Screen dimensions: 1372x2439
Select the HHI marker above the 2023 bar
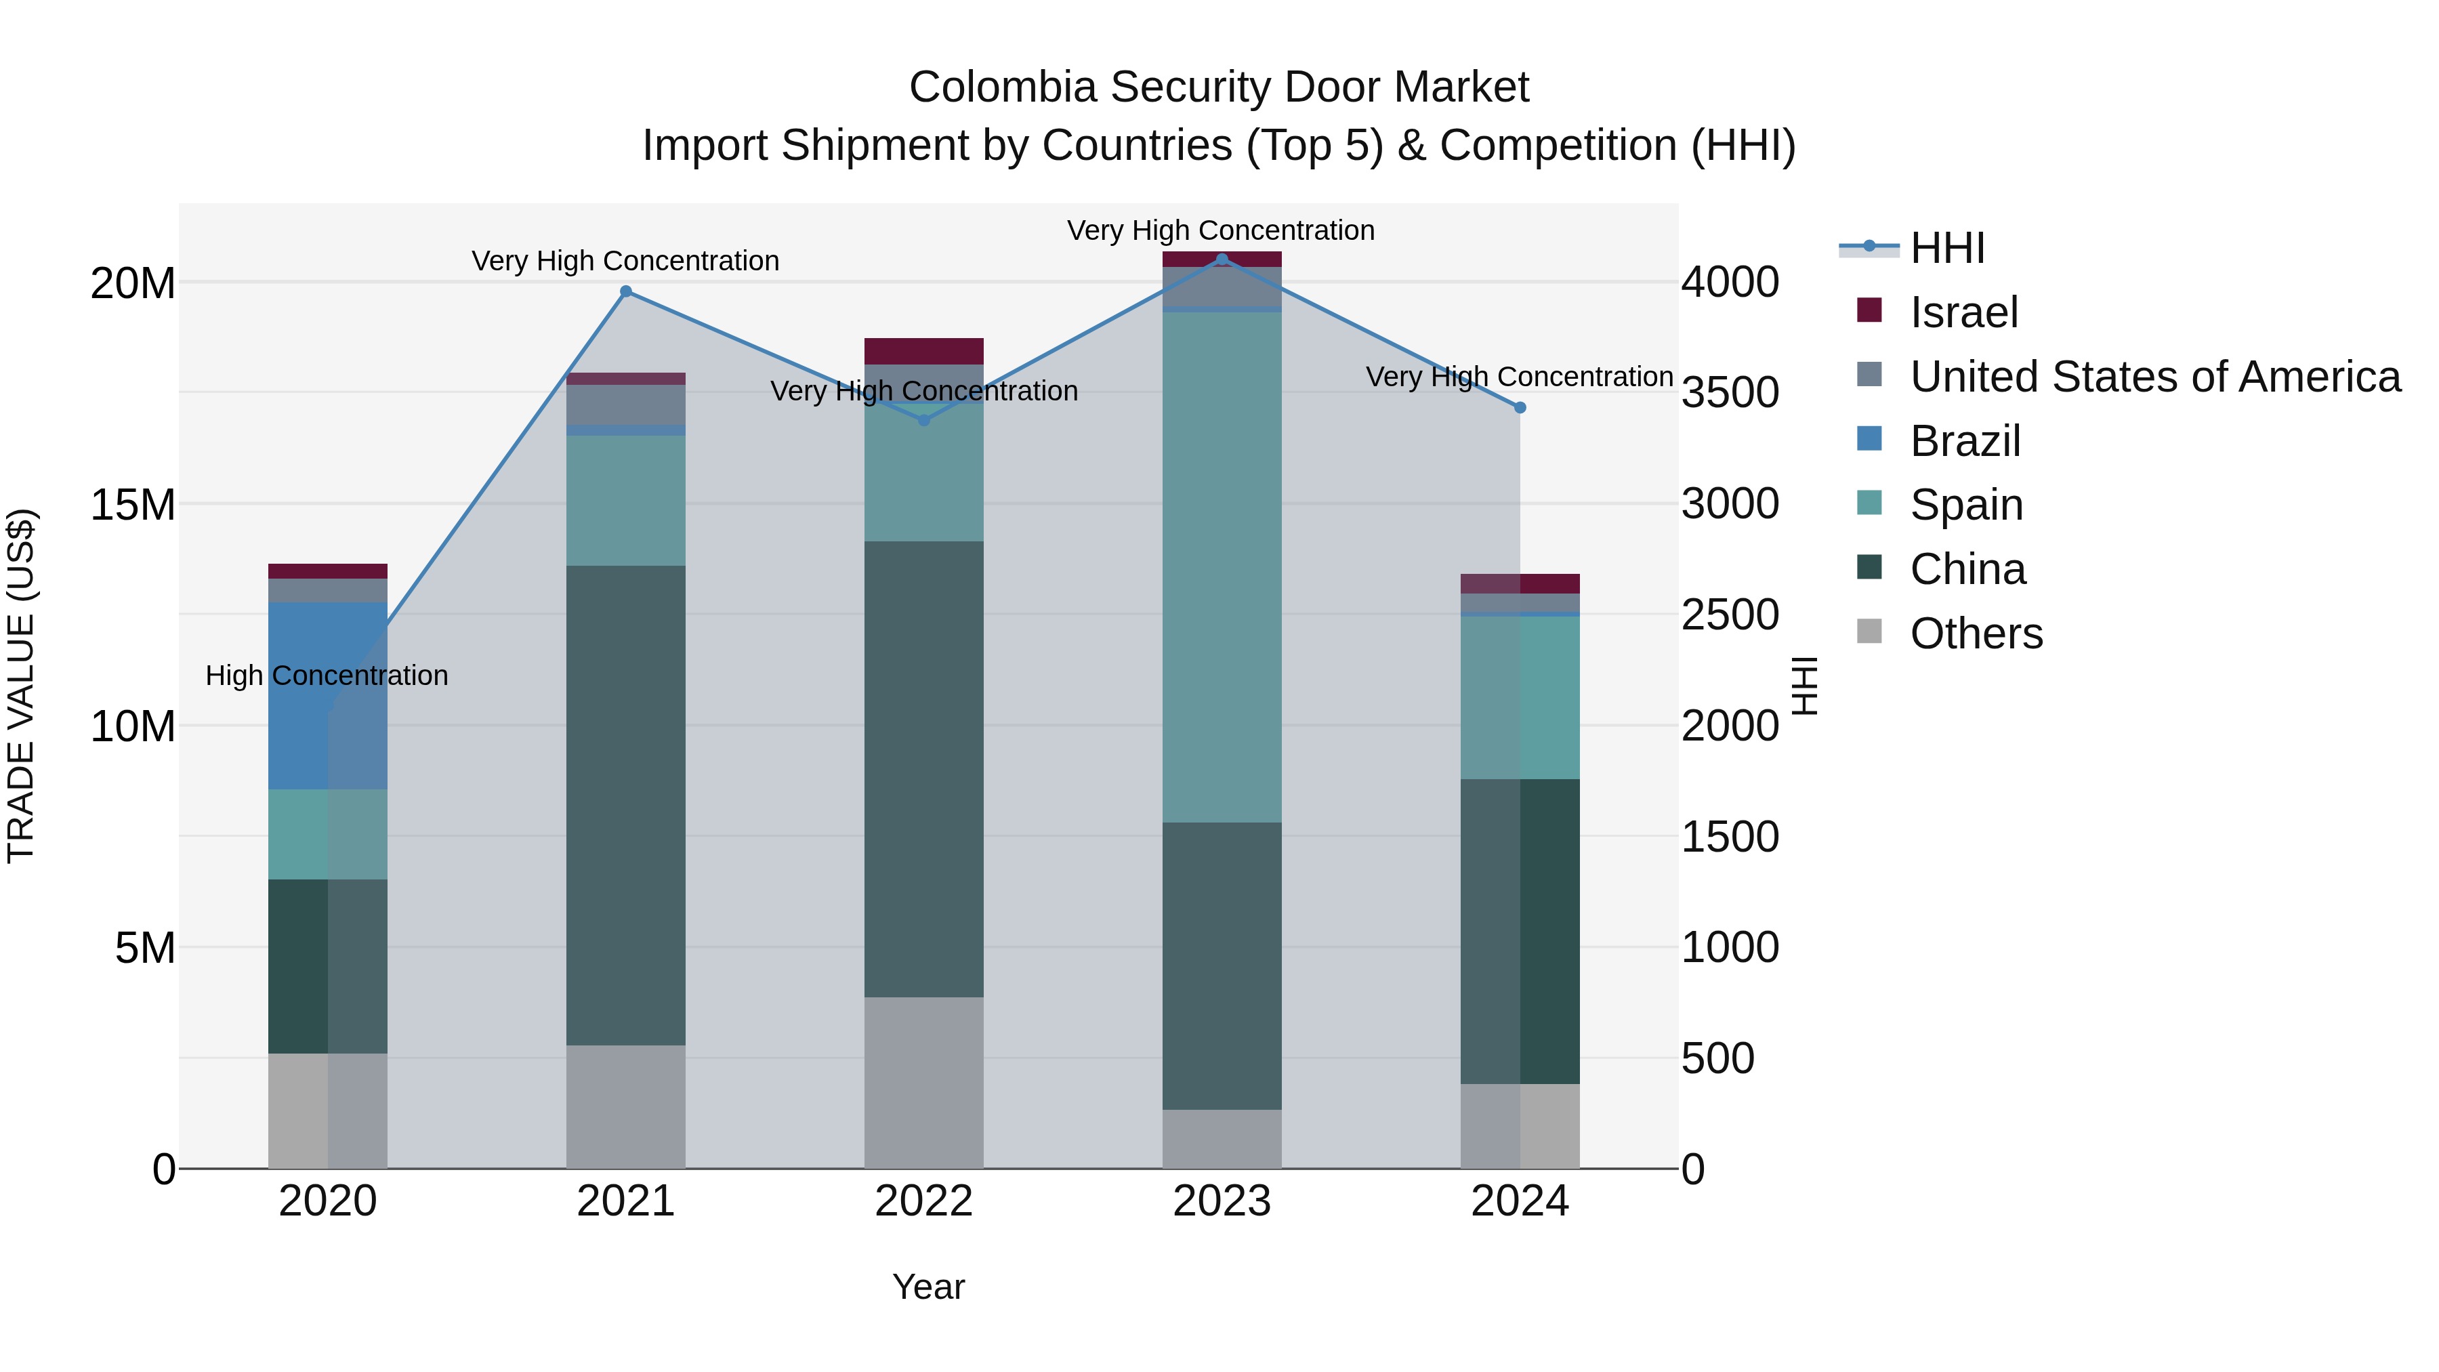pos(1222,259)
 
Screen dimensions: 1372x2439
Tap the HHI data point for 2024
pos(1520,408)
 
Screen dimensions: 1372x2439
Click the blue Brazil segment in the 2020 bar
pos(328,696)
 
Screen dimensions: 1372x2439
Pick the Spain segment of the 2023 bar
pos(1222,568)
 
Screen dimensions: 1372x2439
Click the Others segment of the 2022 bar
pos(923,1082)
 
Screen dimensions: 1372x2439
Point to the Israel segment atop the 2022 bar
pos(923,351)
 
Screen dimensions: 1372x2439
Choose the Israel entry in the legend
pos(1963,312)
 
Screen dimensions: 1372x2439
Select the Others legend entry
pos(1976,633)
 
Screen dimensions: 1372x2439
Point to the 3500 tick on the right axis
pos(1730,393)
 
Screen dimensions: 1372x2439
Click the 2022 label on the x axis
pos(923,1201)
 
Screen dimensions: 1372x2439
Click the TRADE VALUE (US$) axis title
pos(21,686)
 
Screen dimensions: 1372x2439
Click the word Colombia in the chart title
pos(1003,88)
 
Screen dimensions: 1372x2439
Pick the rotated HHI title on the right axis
pos(1806,686)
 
